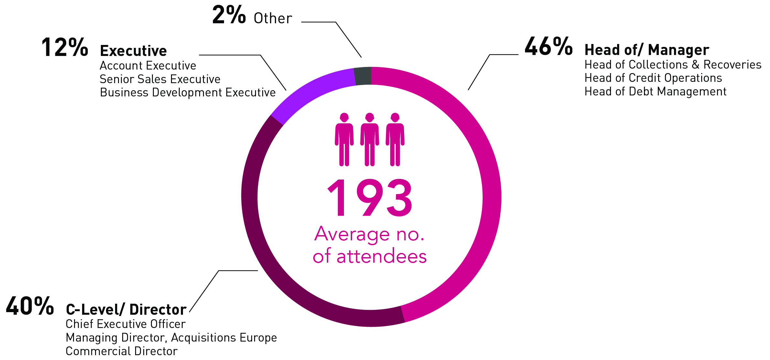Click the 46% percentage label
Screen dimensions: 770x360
[549, 46]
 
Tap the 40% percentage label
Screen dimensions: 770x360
[30, 306]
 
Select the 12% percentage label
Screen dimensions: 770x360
[65, 47]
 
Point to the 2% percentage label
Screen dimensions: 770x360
[229, 15]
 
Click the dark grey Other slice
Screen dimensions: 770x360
[363, 76]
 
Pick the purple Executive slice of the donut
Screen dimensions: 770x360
[310, 92]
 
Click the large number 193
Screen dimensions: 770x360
[370, 197]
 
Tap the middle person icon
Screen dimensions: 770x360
[369, 139]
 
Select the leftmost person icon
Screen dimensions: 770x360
[344, 139]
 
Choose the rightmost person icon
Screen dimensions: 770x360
[395, 139]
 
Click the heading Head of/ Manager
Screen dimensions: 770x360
[647, 50]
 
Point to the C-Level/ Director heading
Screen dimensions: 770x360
[126, 310]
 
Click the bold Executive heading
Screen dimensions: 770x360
[134, 51]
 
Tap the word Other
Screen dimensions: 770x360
[273, 18]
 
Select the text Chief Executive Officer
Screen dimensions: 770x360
[125, 324]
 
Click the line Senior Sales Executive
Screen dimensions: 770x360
[160, 79]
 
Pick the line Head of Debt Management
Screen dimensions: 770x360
[656, 92]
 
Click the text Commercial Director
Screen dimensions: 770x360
[122, 351]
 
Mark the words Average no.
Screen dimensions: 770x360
[369, 234]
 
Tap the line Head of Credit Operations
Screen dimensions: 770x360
[653, 78]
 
